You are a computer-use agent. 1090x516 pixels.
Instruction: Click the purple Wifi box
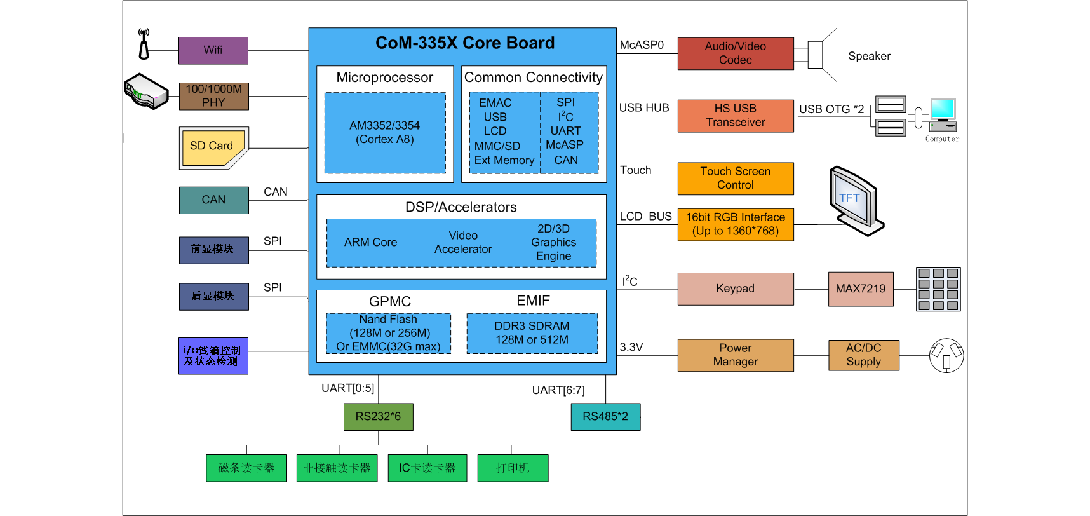click(x=213, y=50)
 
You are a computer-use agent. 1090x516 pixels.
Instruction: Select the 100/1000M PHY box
click(x=213, y=96)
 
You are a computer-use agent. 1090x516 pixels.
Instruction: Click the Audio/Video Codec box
click(x=735, y=53)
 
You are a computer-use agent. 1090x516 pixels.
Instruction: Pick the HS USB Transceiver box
click(x=735, y=116)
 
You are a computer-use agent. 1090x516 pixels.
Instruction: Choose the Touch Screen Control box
click(x=735, y=179)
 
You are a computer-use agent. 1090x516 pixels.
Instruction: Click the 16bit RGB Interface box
click(x=735, y=224)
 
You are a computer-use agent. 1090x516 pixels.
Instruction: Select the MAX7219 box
click(x=860, y=289)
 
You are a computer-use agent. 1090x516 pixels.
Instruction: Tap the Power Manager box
click(x=735, y=355)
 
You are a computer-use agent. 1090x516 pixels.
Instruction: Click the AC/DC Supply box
click(x=863, y=355)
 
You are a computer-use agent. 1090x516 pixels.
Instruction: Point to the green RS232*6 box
click(x=378, y=417)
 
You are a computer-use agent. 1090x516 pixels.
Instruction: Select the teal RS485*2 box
click(x=605, y=417)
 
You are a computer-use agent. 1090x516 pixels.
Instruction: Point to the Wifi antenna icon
click(x=144, y=44)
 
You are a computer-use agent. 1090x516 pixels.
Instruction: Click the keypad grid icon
click(x=938, y=289)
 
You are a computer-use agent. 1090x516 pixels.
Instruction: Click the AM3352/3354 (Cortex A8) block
click(x=384, y=133)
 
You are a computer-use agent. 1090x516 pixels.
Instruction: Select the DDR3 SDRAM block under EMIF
click(x=532, y=333)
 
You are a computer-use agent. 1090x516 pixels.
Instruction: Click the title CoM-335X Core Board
click(x=464, y=43)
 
